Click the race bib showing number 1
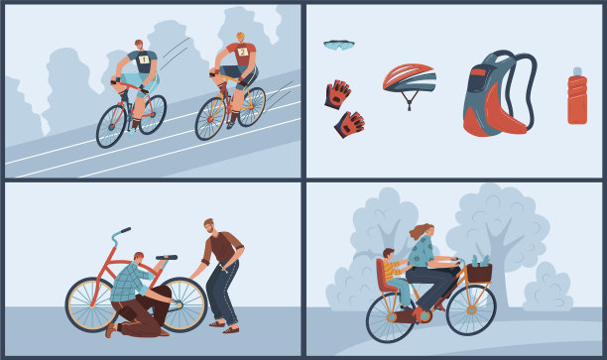[x=144, y=60]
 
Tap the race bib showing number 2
[x=243, y=52]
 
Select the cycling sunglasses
[x=339, y=45]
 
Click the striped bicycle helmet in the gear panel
[x=410, y=79]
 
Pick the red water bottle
[x=577, y=96]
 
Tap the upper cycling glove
[x=337, y=94]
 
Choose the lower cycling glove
[x=349, y=124]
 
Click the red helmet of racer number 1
[x=139, y=43]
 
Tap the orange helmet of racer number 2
[x=240, y=36]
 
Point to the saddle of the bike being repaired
[x=167, y=258]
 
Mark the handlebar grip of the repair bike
[x=126, y=230]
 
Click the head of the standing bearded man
[x=209, y=226]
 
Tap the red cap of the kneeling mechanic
[x=139, y=255]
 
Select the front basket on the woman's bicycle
[x=479, y=273]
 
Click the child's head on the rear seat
[x=388, y=255]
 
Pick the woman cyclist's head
[x=427, y=231]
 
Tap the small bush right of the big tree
[x=547, y=288]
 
